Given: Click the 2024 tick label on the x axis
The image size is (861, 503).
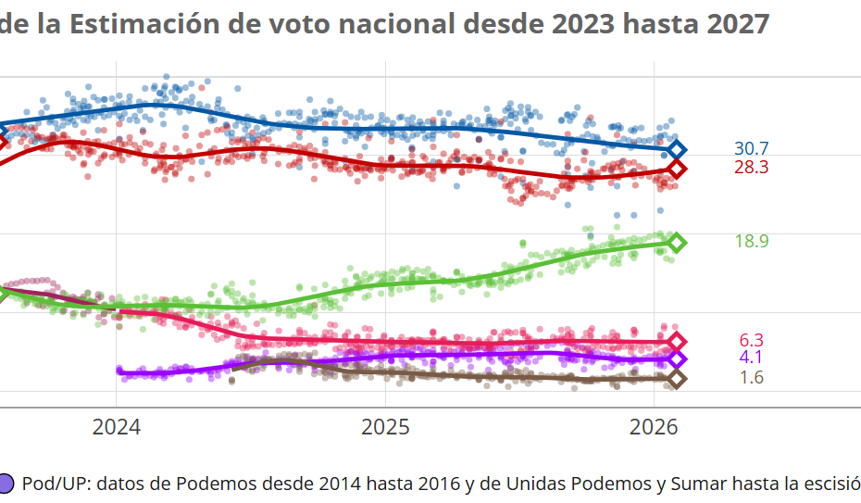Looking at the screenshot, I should (116, 428).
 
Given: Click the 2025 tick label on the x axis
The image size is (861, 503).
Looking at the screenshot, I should (385, 428).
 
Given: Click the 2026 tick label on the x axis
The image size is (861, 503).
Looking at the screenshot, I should (655, 428).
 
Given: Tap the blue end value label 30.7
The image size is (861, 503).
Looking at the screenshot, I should (751, 149).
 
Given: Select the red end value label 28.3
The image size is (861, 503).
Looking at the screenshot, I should (751, 168).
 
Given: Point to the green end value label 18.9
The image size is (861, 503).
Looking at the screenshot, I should (751, 242).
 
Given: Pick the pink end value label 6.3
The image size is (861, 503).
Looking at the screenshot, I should (751, 341).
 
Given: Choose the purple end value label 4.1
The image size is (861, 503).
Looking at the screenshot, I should (751, 358).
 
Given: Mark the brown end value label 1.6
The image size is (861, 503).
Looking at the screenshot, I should (751, 378).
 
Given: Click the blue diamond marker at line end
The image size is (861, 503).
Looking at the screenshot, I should (677, 149).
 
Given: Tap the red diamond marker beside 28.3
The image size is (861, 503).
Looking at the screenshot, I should (677, 169).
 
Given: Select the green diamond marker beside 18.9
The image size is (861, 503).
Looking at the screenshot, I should (677, 243).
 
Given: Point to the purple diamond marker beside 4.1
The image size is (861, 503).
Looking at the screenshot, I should (677, 359).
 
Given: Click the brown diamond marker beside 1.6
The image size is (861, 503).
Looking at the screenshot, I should (677, 378).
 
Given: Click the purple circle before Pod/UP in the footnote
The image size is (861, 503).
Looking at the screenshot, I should (6, 484).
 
